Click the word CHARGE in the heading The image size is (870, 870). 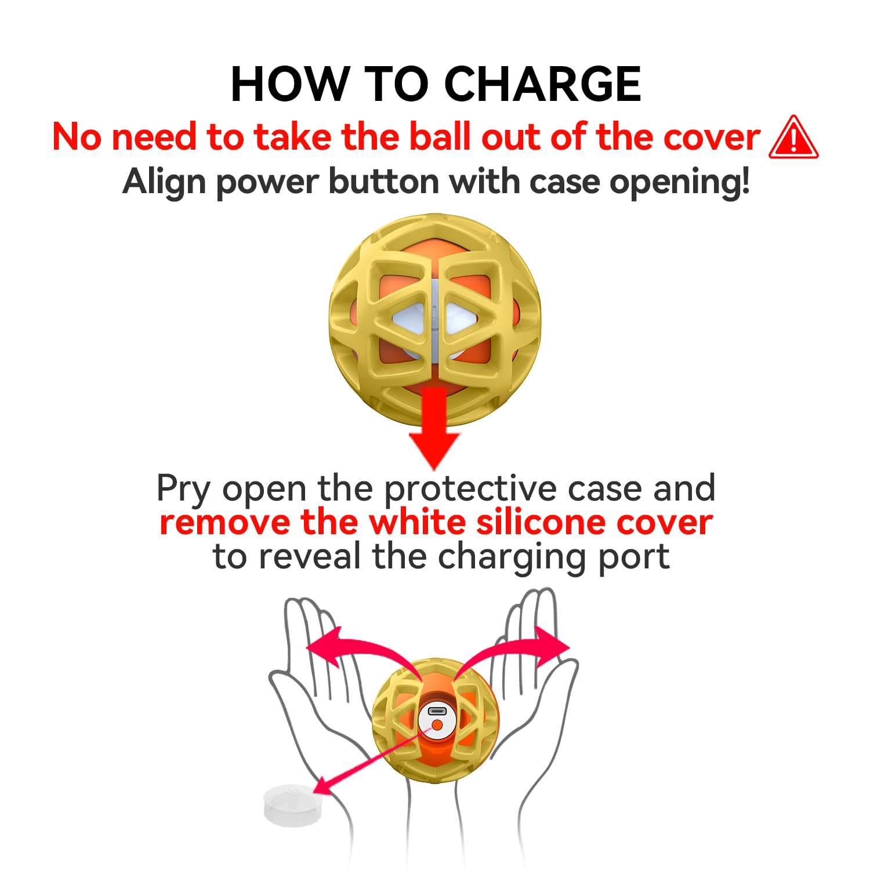[542, 85]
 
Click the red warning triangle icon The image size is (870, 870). [793, 138]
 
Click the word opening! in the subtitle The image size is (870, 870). [679, 182]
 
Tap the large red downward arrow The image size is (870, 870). [434, 429]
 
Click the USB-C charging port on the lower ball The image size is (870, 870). [437, 711]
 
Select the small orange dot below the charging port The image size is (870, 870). [437, 725]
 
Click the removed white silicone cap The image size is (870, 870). [292, 806]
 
